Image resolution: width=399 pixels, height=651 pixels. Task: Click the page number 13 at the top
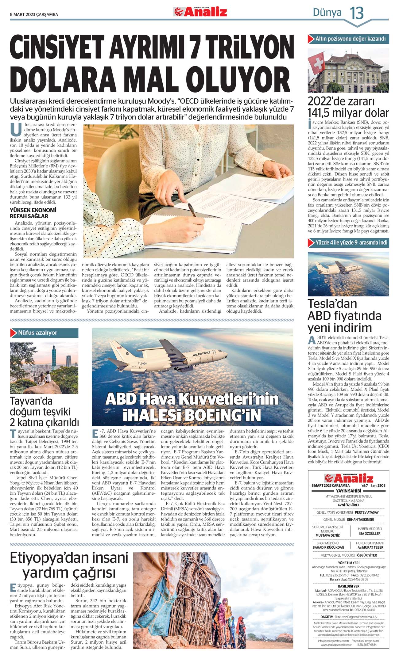click(357, 13)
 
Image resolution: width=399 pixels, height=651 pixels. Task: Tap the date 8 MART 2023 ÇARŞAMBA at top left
click(34, 14)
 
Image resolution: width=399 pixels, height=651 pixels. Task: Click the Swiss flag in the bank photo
click(316, 62)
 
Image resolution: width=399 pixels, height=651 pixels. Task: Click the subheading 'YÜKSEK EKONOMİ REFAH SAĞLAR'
click(33, 213)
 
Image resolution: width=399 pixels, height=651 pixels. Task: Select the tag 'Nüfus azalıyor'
click(37, 333)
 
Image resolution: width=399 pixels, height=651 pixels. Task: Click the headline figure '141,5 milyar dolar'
click(348, 113)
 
